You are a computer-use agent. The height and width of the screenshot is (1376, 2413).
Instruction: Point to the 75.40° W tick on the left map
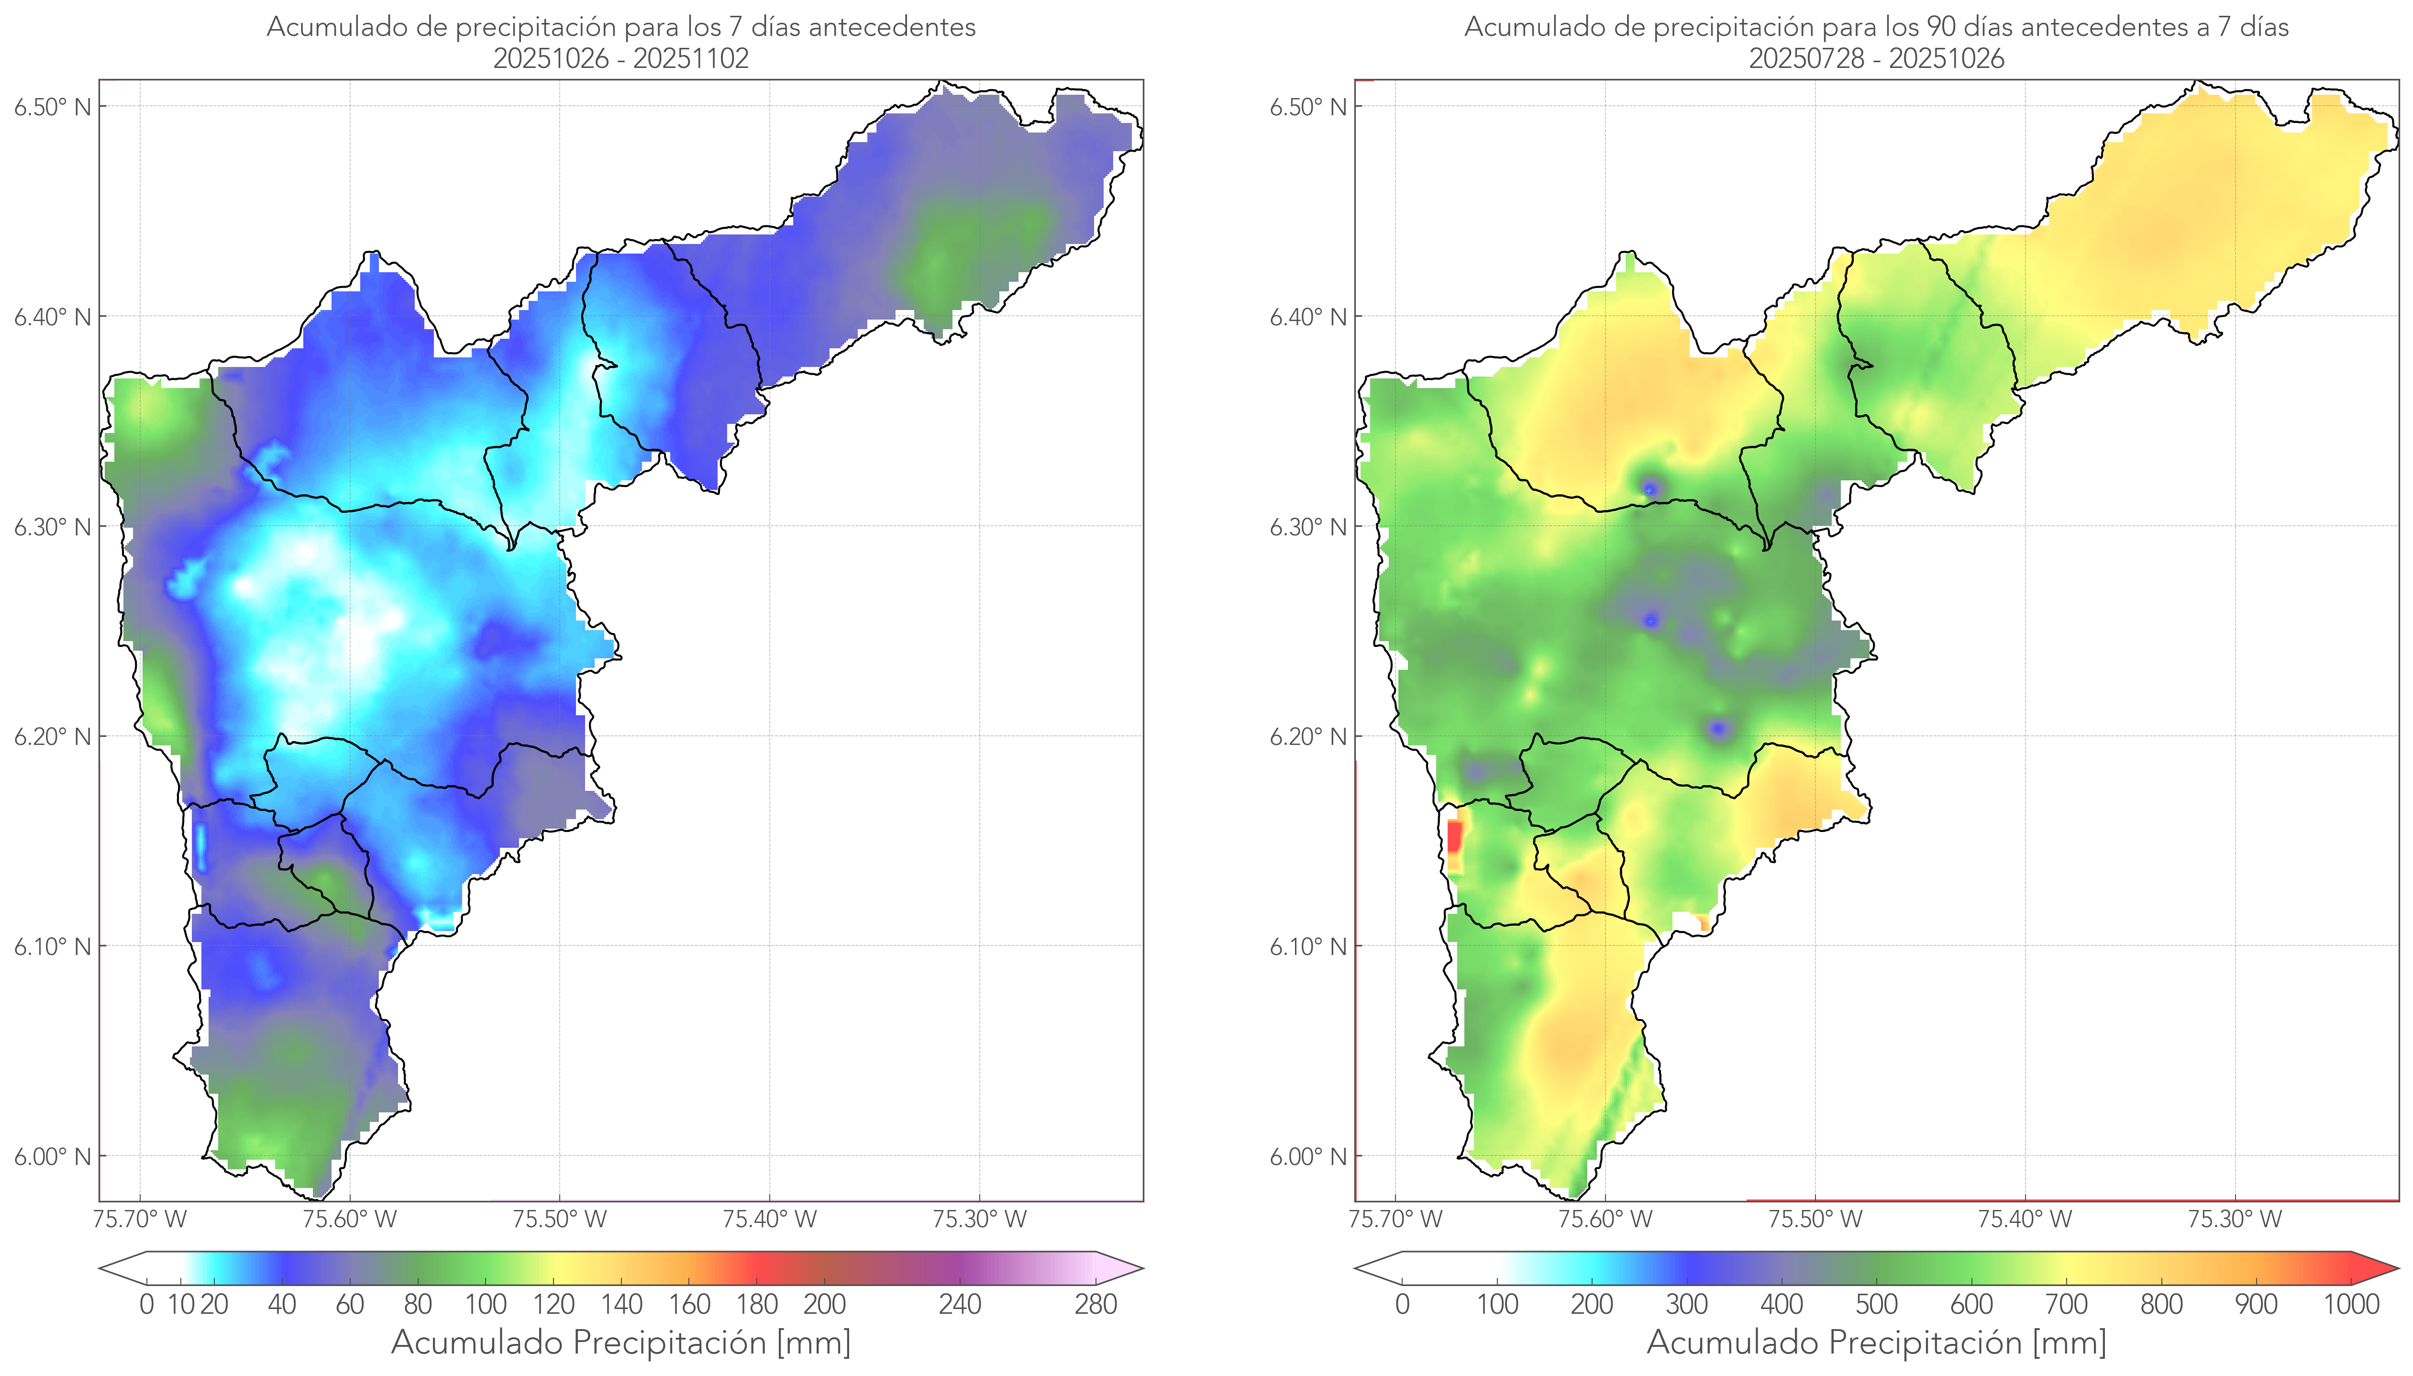769,1219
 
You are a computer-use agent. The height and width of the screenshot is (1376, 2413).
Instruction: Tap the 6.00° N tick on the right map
1308,1157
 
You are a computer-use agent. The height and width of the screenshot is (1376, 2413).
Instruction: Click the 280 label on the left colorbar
1096,1305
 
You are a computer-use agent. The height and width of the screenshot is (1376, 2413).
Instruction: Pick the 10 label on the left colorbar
180,1305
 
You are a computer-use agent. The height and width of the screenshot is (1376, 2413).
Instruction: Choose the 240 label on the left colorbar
960,1305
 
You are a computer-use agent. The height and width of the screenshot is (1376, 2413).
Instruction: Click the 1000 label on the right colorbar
2351,1305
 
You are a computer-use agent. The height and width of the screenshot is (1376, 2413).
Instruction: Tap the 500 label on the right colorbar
1876,1305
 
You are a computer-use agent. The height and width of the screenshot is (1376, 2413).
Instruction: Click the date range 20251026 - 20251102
621,58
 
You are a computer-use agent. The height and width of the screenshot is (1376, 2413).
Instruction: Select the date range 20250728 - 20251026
1876,58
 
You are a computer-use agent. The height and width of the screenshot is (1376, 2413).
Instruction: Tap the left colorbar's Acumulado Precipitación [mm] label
621,1343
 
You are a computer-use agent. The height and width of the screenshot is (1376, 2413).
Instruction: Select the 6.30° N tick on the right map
1308,526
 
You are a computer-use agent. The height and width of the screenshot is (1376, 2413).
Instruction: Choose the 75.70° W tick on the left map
140,1219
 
